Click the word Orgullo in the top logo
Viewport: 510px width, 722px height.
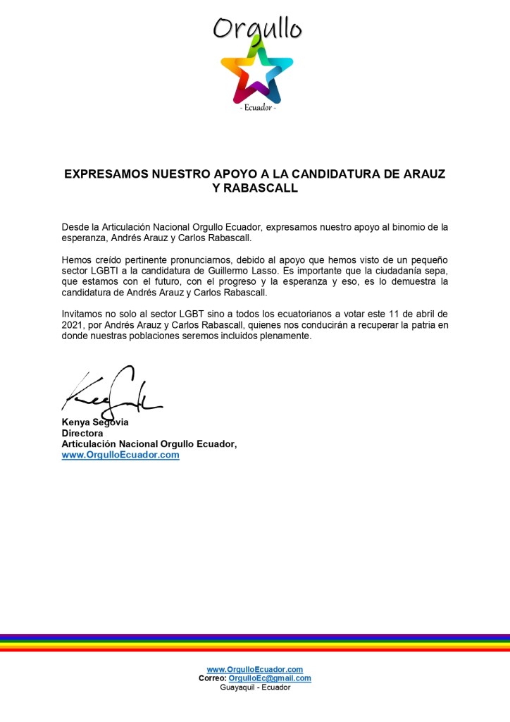[257, 27]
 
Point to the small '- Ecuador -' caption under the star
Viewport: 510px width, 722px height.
[257, 108]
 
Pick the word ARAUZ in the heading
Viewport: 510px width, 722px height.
[425, 173]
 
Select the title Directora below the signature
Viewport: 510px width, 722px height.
[82, 434]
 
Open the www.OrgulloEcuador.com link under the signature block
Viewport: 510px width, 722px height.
[120, 455]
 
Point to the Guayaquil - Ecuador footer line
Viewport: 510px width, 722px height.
[255, 687]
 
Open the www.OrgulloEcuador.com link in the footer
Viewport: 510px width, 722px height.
[255, 669]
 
